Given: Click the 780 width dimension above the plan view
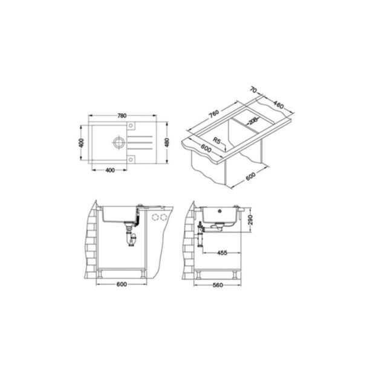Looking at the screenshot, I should coord(122,116).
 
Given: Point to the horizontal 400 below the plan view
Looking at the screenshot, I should coord(110,170).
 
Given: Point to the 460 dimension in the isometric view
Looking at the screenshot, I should coord(279,103).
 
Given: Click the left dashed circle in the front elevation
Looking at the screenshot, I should coord(153,217).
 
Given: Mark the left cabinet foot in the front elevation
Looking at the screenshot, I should coord(100,273).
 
